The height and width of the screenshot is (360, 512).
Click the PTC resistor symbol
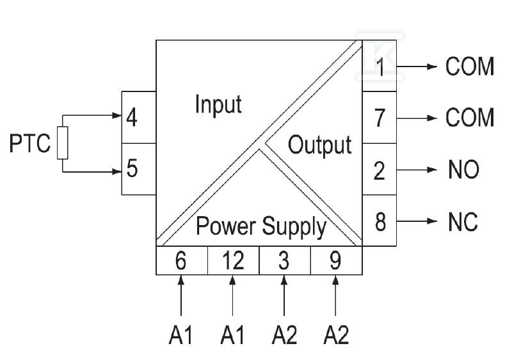click(x=62, y=143)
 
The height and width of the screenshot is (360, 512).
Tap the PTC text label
click(x=30, y=143)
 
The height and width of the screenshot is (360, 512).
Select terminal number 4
click(x=132, y=118)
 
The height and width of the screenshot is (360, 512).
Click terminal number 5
click(x=132, y=168)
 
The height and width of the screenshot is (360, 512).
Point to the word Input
click(x=218, y=104)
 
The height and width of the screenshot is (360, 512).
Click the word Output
click(x=319, y=145)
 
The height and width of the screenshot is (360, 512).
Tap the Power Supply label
click(x=261, y=226)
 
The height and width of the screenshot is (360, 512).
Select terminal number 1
click(x=380, y=67)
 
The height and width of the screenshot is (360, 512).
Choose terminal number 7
click(x=380, y=118)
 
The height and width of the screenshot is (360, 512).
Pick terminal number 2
click(x=380, y=170)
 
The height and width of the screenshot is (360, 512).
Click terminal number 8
click(x=380, y=222)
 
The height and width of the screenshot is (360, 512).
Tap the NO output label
click(x=463, y=169)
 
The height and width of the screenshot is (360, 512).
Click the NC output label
click(x=463, y=222)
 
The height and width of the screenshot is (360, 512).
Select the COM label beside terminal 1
click(x=470, y=67)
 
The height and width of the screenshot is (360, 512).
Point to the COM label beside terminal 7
click(x=470, y=118)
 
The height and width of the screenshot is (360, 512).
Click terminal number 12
click(x=233, y=260)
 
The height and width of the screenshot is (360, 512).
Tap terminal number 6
click(x=180, y=261)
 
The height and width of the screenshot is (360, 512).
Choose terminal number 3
click(x=284, y=261)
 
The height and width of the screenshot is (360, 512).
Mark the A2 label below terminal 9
click(x=336, y=335)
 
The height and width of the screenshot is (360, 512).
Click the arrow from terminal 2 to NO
click(x=417, y=169)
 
